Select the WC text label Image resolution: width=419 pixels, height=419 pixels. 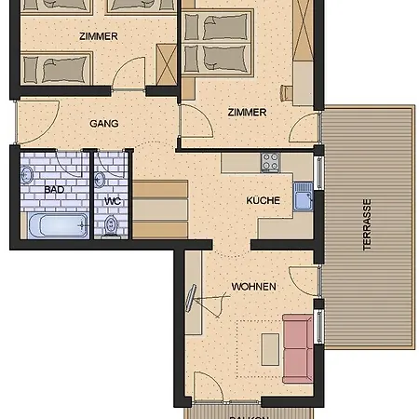pyautogui.click(x=113, y=200)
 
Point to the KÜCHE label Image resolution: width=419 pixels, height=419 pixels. pyautogui.click(x=263, y=200)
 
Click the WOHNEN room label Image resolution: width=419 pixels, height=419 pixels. pyautogui.click(x=253, y=287)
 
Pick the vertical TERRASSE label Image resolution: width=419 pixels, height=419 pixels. pyautogui.click(x=368, y=225)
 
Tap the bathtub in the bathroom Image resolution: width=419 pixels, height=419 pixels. pyautogui.click(x=56, y=224)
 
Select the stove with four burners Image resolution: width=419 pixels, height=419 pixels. pyautogui.click(x=271, y=161)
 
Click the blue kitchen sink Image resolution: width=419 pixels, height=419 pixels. pyautogui.click(x=304, y=196)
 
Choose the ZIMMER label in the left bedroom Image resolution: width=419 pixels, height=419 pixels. pyautogui.click(x=99, y=36)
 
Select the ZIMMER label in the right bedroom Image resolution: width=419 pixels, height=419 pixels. pyautogui.click(x=247, y=112)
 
